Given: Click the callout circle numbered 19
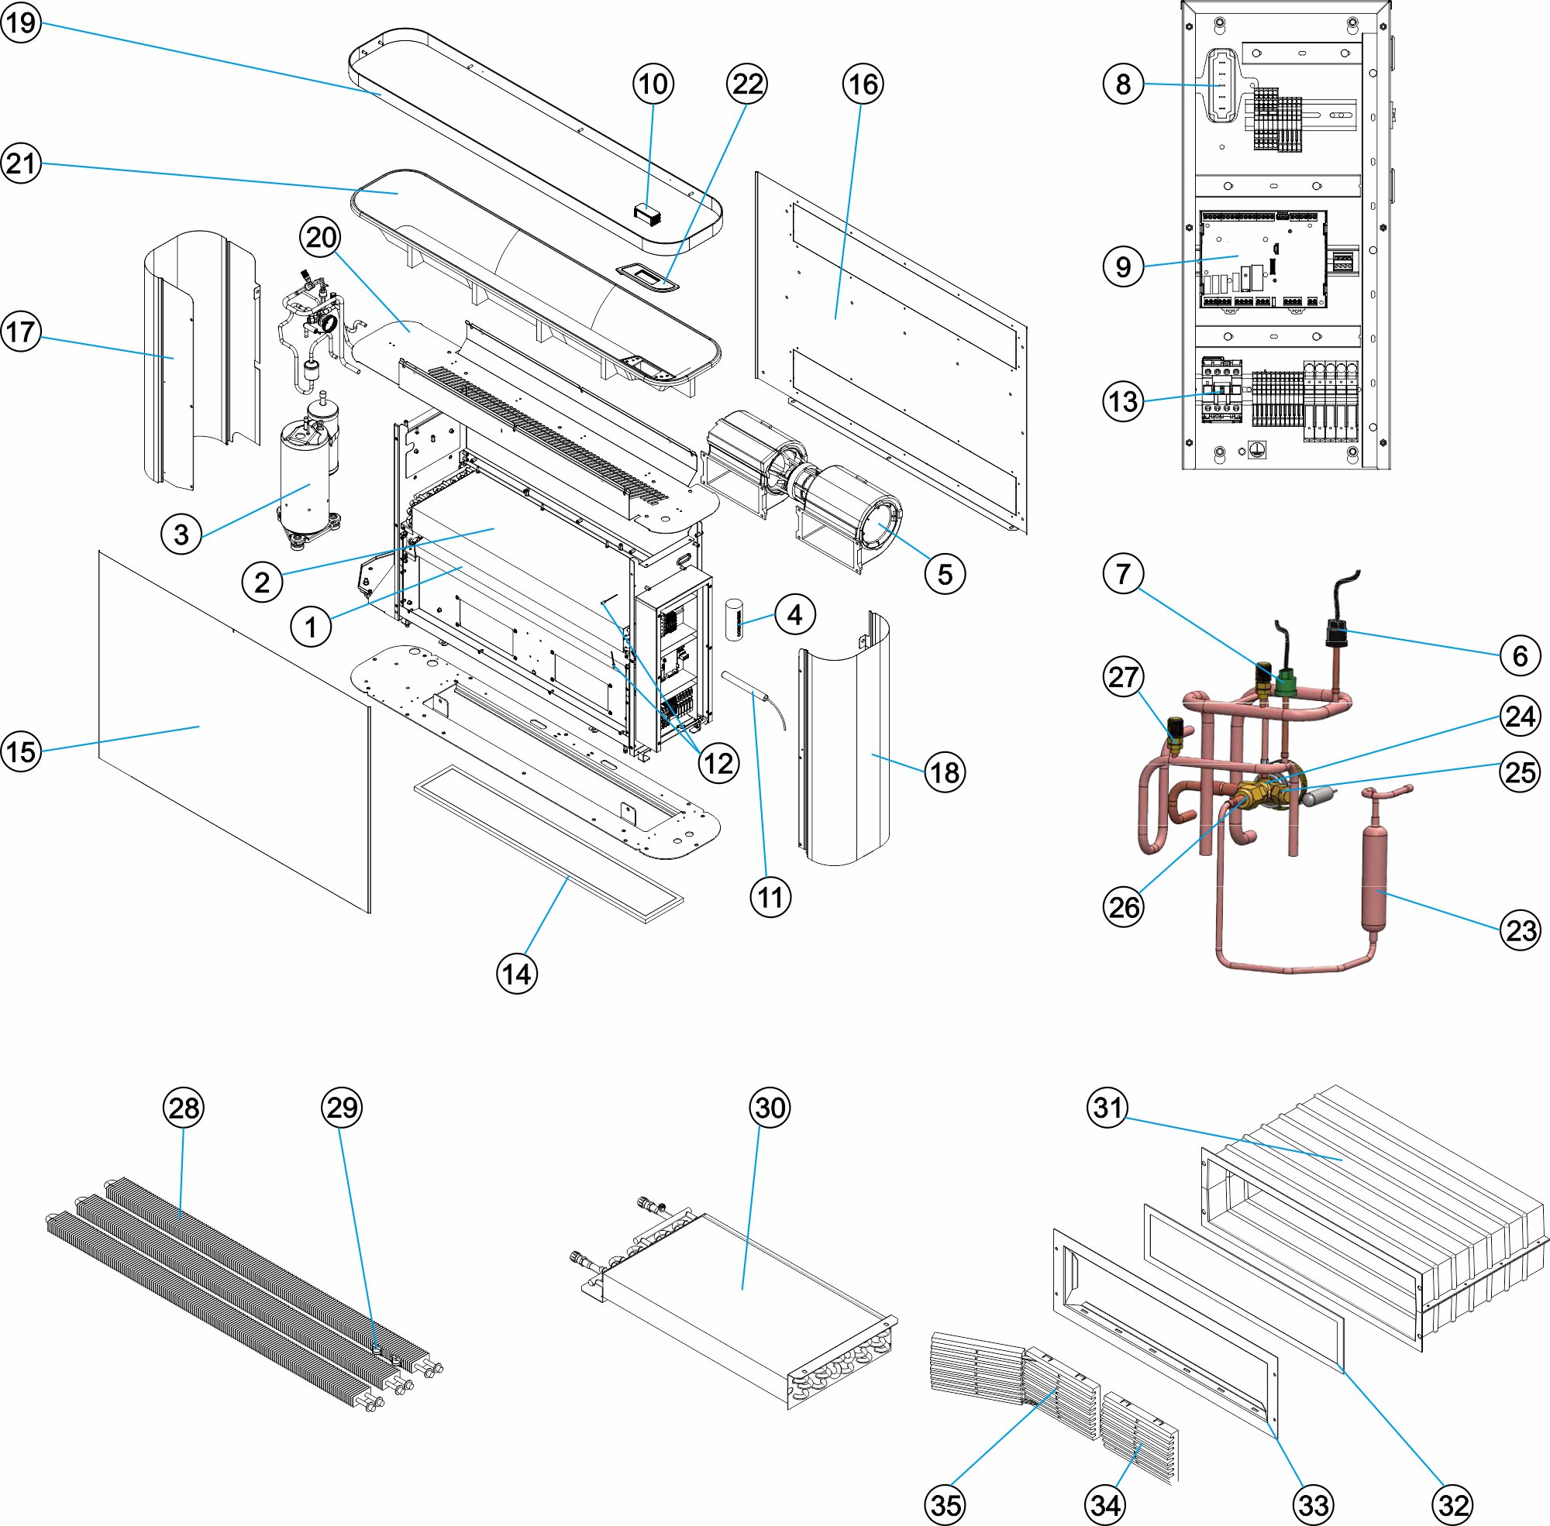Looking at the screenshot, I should click(x=21, y=22).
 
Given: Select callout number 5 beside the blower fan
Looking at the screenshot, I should click(x=945, y=574).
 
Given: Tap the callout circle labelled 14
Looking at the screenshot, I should click(x=516, y=974).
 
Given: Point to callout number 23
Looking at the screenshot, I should click(x=1520, y=930).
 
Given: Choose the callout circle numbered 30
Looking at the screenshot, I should click(x=770, y=1108).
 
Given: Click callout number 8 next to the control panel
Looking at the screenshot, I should click(x=1123, y=84).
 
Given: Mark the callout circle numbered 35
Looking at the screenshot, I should click(x=945, y=1504).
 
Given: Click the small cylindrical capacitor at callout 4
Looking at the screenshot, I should click(x=735, y=620).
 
